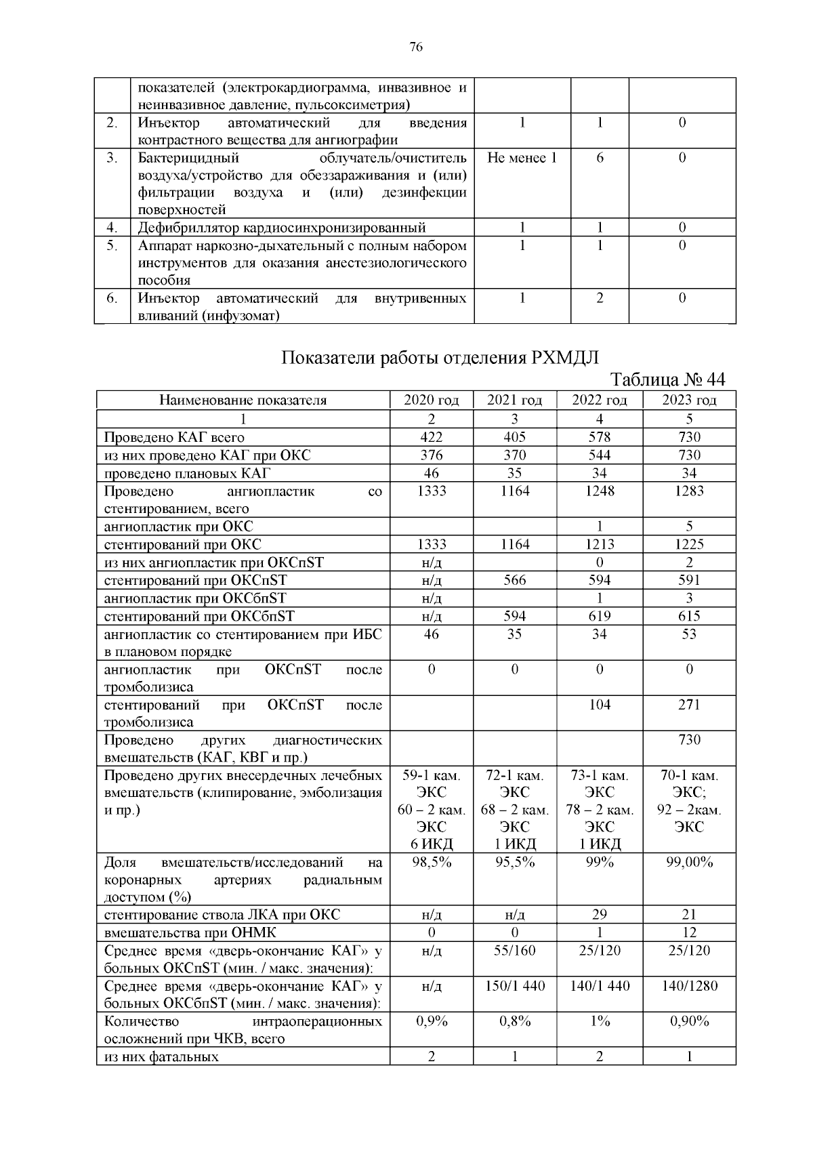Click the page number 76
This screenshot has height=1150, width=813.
(x=416, y=47)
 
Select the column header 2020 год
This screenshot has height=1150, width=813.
(x=431, y=401)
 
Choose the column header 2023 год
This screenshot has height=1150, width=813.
(x=689, y=401)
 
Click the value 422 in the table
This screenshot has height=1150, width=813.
(x=431, y=437)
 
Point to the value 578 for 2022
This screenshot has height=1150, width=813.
(x=600, y=437)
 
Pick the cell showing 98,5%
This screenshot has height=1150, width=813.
(x=432, y=863)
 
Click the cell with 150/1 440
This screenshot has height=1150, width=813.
(x=515, y=986)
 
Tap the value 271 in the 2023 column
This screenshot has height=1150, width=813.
(x=689, y=705)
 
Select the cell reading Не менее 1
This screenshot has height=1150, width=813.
(x=522, y=159)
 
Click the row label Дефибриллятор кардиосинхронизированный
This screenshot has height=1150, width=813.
(x=282, y=228)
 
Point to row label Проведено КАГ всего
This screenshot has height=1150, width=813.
(x=174, y=438)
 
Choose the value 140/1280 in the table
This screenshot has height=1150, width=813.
(x=689, y=986)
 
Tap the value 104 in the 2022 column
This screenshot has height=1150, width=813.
(x=600, y=705)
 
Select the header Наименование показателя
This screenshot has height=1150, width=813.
(x=243, y=401)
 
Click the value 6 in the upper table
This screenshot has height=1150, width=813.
(x=600, y=159)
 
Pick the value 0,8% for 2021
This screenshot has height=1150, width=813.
(x=515, y=1022)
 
